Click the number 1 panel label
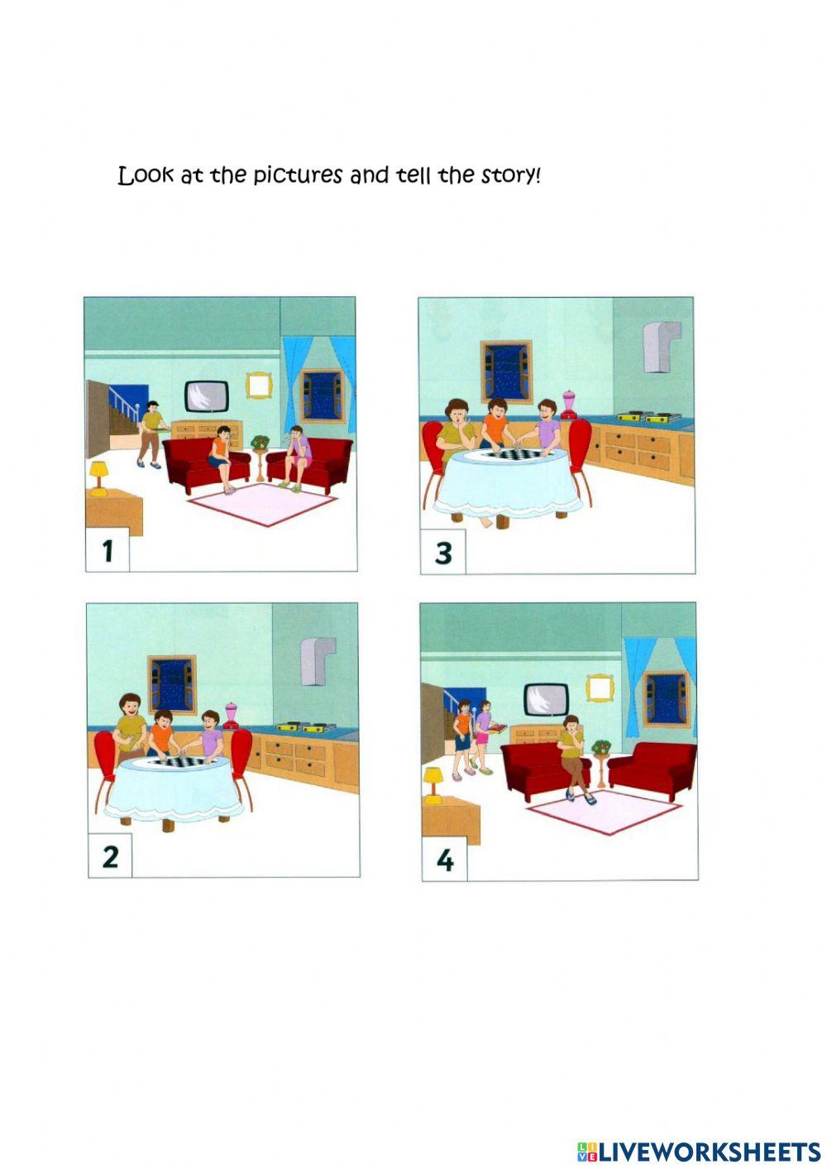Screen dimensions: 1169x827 [x=108, y=550]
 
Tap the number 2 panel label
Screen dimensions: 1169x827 [x=110, y=856]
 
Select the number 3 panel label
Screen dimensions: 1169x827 [x=443, y=553]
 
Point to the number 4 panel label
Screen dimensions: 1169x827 [x=445, y=860]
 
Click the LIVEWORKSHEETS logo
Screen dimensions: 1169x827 [x=698, y=1151]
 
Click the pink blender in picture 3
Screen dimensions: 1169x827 [x=570, y=405]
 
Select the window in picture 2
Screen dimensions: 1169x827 [x=172, y=683]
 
